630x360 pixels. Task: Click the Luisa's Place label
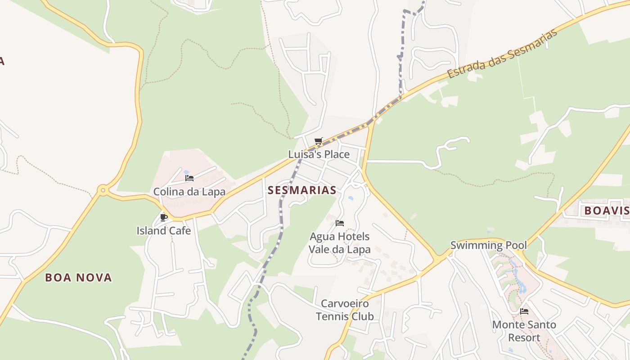[319, 154]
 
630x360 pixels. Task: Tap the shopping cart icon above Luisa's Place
[319, 141]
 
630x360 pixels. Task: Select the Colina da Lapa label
[189, 192]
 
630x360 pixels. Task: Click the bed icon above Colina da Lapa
[189, 178]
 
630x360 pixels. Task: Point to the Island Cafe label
[164, 231]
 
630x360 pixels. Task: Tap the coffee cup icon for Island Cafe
[164, 218]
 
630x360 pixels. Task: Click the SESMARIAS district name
[302, 190]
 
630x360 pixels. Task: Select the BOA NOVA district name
[78, 278]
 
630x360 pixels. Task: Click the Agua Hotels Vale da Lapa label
[340, 243]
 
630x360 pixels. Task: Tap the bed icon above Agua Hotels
[340, 223]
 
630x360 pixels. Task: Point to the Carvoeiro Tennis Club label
[345, 310]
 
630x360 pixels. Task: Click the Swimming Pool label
[488, 246]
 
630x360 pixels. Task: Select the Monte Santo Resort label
[524, 331]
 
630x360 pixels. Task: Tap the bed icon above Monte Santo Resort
[524, 311]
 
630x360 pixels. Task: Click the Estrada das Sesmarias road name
[503, 54]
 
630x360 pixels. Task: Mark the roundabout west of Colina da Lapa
[103, 190]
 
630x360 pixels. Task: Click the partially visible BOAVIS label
[607, 211]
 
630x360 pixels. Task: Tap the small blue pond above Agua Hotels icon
[351, 198]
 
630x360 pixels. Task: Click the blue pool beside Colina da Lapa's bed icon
[186, 172]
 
